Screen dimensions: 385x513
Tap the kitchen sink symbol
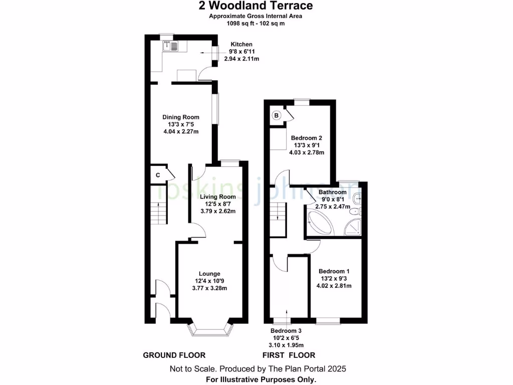[171, 47]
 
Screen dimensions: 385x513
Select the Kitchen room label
[241, 44]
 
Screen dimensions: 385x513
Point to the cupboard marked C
[158, 175]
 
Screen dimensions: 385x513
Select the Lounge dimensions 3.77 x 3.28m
[210, 288]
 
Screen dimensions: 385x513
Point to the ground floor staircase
[158, 211]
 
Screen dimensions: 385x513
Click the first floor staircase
[277, 216]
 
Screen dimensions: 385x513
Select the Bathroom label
[332, 192]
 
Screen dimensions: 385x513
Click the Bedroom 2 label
[306, 138]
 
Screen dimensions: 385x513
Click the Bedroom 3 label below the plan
[286, 331]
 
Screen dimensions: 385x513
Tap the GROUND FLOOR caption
[174, 355]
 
